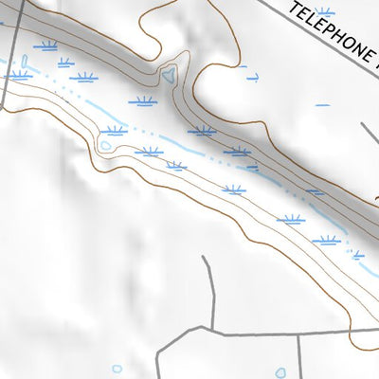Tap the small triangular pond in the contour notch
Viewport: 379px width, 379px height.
tap(168, 74)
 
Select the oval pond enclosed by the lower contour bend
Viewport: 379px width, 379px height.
tap(106, 146)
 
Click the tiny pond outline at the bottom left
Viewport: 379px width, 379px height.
tap(117, 369)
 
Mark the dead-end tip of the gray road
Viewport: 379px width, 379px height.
tap(205, 257)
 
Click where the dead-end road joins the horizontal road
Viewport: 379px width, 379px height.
tap(211, 333)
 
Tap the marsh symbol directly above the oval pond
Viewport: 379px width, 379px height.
tap(115, 130)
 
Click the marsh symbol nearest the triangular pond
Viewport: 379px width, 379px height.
tap(141, 99)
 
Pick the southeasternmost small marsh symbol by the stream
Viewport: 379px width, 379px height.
tap(357, 254)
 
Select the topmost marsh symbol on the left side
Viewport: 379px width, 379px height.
tap(45, 45)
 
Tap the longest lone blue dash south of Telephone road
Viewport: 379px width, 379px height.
tap(322, 104)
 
